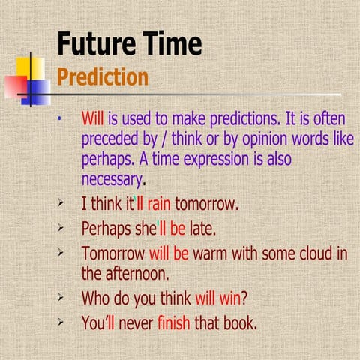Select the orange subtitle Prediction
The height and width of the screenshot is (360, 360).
(x=103, y=77)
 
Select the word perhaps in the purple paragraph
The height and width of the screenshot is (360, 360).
(x=106, y=160)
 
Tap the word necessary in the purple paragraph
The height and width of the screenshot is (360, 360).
(x=111, y=180)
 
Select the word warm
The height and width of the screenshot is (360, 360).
(x=211, y=253)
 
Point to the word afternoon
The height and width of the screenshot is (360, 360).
(x=142, y=274)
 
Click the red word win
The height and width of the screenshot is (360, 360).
(x=228, y=299)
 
